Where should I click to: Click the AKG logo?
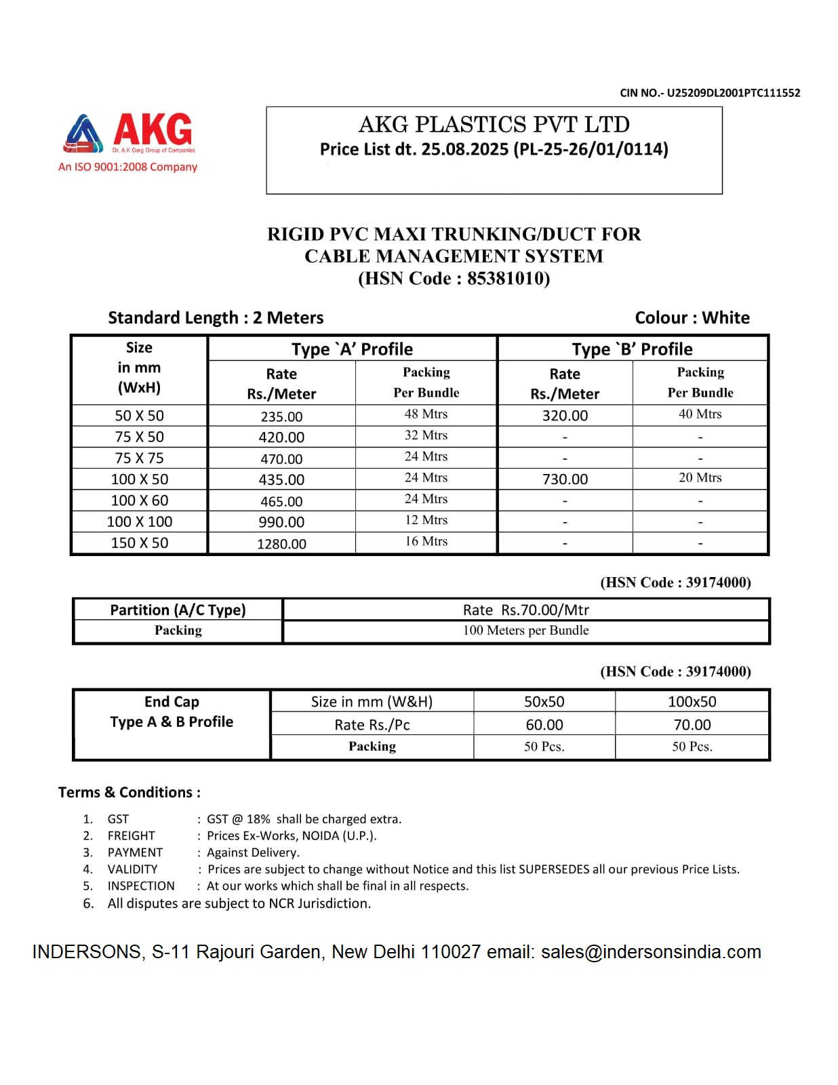129,134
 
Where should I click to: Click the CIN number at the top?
709,93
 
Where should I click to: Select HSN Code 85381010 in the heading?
454,279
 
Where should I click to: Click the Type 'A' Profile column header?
352,349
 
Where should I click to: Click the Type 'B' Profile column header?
632,349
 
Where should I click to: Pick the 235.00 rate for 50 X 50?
281,416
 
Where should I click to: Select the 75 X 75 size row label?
139,458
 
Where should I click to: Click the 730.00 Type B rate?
565,479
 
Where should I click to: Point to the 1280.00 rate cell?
281,544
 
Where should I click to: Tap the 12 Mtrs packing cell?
426,520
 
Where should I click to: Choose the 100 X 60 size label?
139,500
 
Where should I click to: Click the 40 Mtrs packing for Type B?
700,414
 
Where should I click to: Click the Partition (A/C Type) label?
178,610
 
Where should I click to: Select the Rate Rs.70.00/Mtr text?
525,610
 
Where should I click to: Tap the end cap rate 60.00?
544,725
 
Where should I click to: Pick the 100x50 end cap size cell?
692,702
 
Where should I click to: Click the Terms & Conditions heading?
129,792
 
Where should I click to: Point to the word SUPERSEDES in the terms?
553,869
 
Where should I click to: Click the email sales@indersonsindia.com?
651,952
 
